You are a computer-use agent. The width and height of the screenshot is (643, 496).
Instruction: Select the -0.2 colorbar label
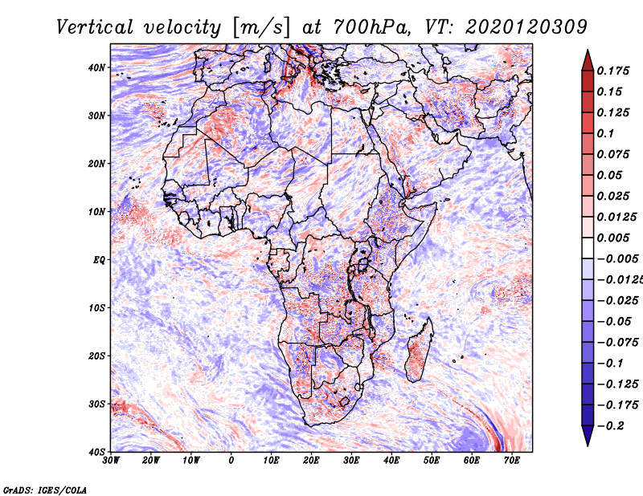609,425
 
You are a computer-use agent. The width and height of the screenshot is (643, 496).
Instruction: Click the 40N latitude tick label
96,67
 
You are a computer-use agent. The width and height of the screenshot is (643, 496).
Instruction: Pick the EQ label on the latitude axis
99,259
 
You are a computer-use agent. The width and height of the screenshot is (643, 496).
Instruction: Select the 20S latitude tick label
96,356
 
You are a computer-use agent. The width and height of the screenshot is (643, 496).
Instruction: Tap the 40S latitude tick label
96,451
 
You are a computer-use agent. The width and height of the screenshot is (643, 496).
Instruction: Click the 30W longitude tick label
111,461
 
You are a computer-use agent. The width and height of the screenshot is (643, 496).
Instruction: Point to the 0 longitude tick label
231,461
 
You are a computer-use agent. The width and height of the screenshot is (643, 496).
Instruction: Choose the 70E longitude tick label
512,461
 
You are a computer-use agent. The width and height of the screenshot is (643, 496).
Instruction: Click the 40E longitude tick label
391,461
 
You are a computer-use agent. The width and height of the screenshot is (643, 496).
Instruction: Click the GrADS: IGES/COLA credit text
45,489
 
